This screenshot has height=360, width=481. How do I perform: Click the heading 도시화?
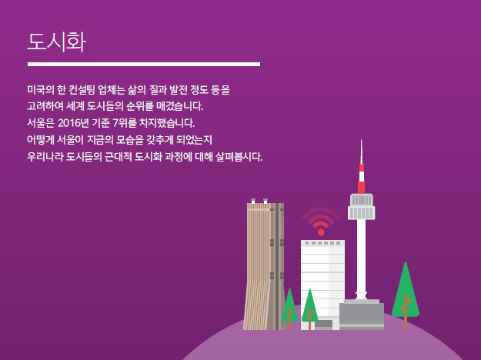click(x=57, y=42)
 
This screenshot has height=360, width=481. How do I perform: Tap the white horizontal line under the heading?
click(x=144, y=64)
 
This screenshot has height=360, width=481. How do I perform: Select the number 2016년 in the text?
click(x=73, y=123)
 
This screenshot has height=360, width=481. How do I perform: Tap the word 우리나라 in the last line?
click(x=45, y=156)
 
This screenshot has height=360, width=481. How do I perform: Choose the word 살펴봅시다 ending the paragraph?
click(x=239, y=156)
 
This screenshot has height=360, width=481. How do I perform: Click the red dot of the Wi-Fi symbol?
click(x=321, y=232)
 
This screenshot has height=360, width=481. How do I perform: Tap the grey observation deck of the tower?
click(x=362, y=207)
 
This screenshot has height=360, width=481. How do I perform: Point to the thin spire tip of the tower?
click(x=362, y=140)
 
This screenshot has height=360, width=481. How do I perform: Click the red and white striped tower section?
click(x=362, y=178)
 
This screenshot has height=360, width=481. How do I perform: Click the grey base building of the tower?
click(x=362, y=315)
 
